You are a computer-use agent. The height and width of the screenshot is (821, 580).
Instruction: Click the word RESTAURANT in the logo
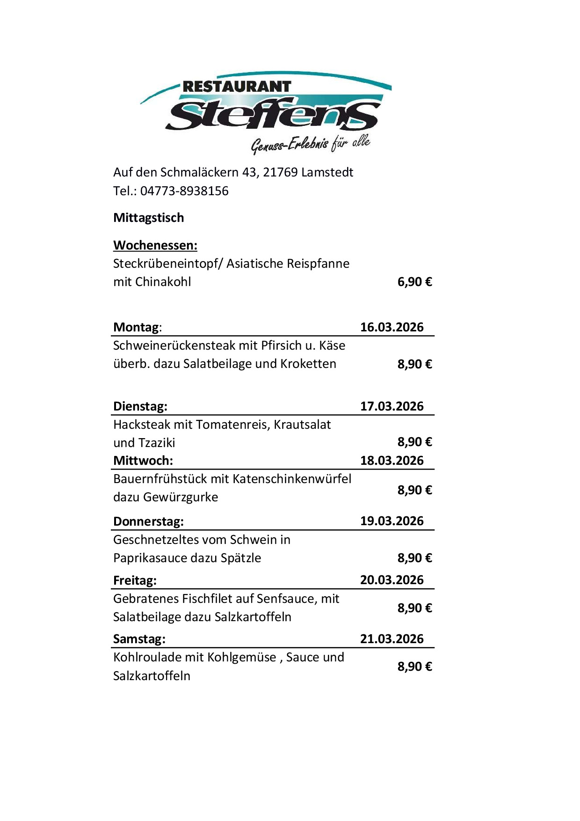237,87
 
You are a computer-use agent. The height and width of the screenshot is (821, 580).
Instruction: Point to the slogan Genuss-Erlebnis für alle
311,144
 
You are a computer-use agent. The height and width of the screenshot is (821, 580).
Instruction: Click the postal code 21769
280,172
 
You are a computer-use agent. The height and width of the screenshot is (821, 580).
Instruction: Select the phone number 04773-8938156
184,191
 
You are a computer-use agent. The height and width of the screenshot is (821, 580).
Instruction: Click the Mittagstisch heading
149,218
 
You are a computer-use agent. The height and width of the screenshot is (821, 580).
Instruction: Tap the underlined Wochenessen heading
155,245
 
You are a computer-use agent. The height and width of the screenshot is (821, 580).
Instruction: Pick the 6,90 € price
414,282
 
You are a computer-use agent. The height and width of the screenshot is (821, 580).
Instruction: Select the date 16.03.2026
391,327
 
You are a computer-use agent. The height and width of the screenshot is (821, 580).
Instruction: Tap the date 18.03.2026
391,461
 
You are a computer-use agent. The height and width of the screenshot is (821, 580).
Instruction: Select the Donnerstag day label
148,521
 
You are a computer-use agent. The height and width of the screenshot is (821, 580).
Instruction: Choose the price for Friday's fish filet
414,608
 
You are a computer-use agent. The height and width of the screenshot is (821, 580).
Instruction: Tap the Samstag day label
139,639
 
